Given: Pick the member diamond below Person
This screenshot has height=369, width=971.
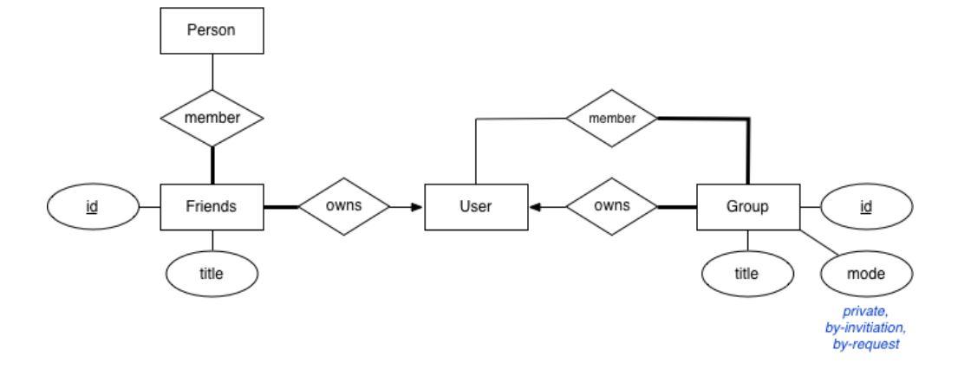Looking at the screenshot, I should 212,118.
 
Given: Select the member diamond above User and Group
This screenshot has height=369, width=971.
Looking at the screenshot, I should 612,118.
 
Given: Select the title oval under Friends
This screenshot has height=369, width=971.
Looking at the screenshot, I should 212,275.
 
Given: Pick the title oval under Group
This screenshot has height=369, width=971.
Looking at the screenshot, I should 746,275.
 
